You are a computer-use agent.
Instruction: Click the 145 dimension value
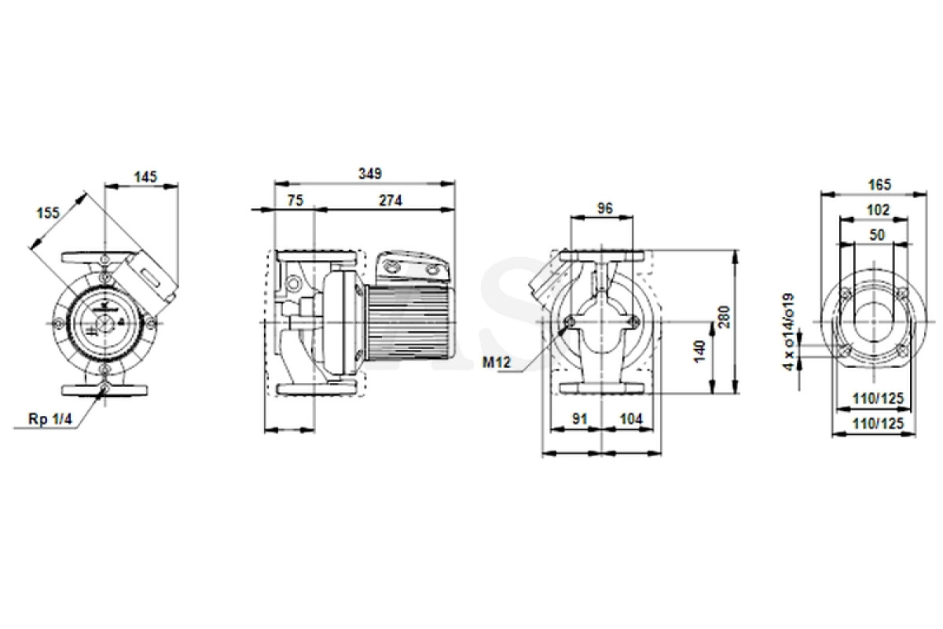[x=145, y=177]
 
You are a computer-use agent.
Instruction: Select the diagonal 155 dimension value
[x=49, y=213]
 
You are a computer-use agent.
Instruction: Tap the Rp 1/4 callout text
[x=50, y=419]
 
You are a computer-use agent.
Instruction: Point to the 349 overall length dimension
[x=370, y=174]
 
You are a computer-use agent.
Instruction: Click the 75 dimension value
[x=295, y=200]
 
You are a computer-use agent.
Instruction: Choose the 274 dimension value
[x=391, y=200]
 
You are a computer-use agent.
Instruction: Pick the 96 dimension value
[x=605, y=208]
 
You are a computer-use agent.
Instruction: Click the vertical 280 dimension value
[x=725, y=317]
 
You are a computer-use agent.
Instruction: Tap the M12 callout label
[x=497, y=362]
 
